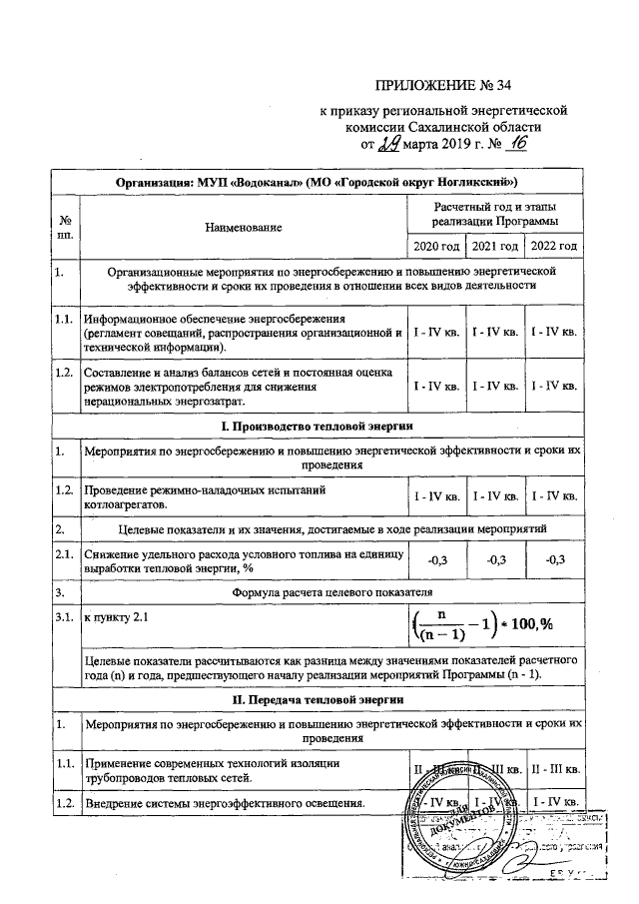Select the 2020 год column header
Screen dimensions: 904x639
pyautogui.click(x=436, y=246)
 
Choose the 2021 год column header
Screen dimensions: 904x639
pyautogui.click(x=495, y=246)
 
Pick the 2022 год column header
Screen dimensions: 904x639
pyautogui.click(x=554, y=246)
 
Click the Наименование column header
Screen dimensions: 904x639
pyautogui.click(x=243, y=227)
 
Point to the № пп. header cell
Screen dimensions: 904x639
pyautogui.click(x=65, y=227)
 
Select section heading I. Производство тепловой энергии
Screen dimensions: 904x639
pyautogui.click(x=317, y=426)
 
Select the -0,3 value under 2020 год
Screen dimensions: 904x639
pyautogui.click(x=436, y=558)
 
